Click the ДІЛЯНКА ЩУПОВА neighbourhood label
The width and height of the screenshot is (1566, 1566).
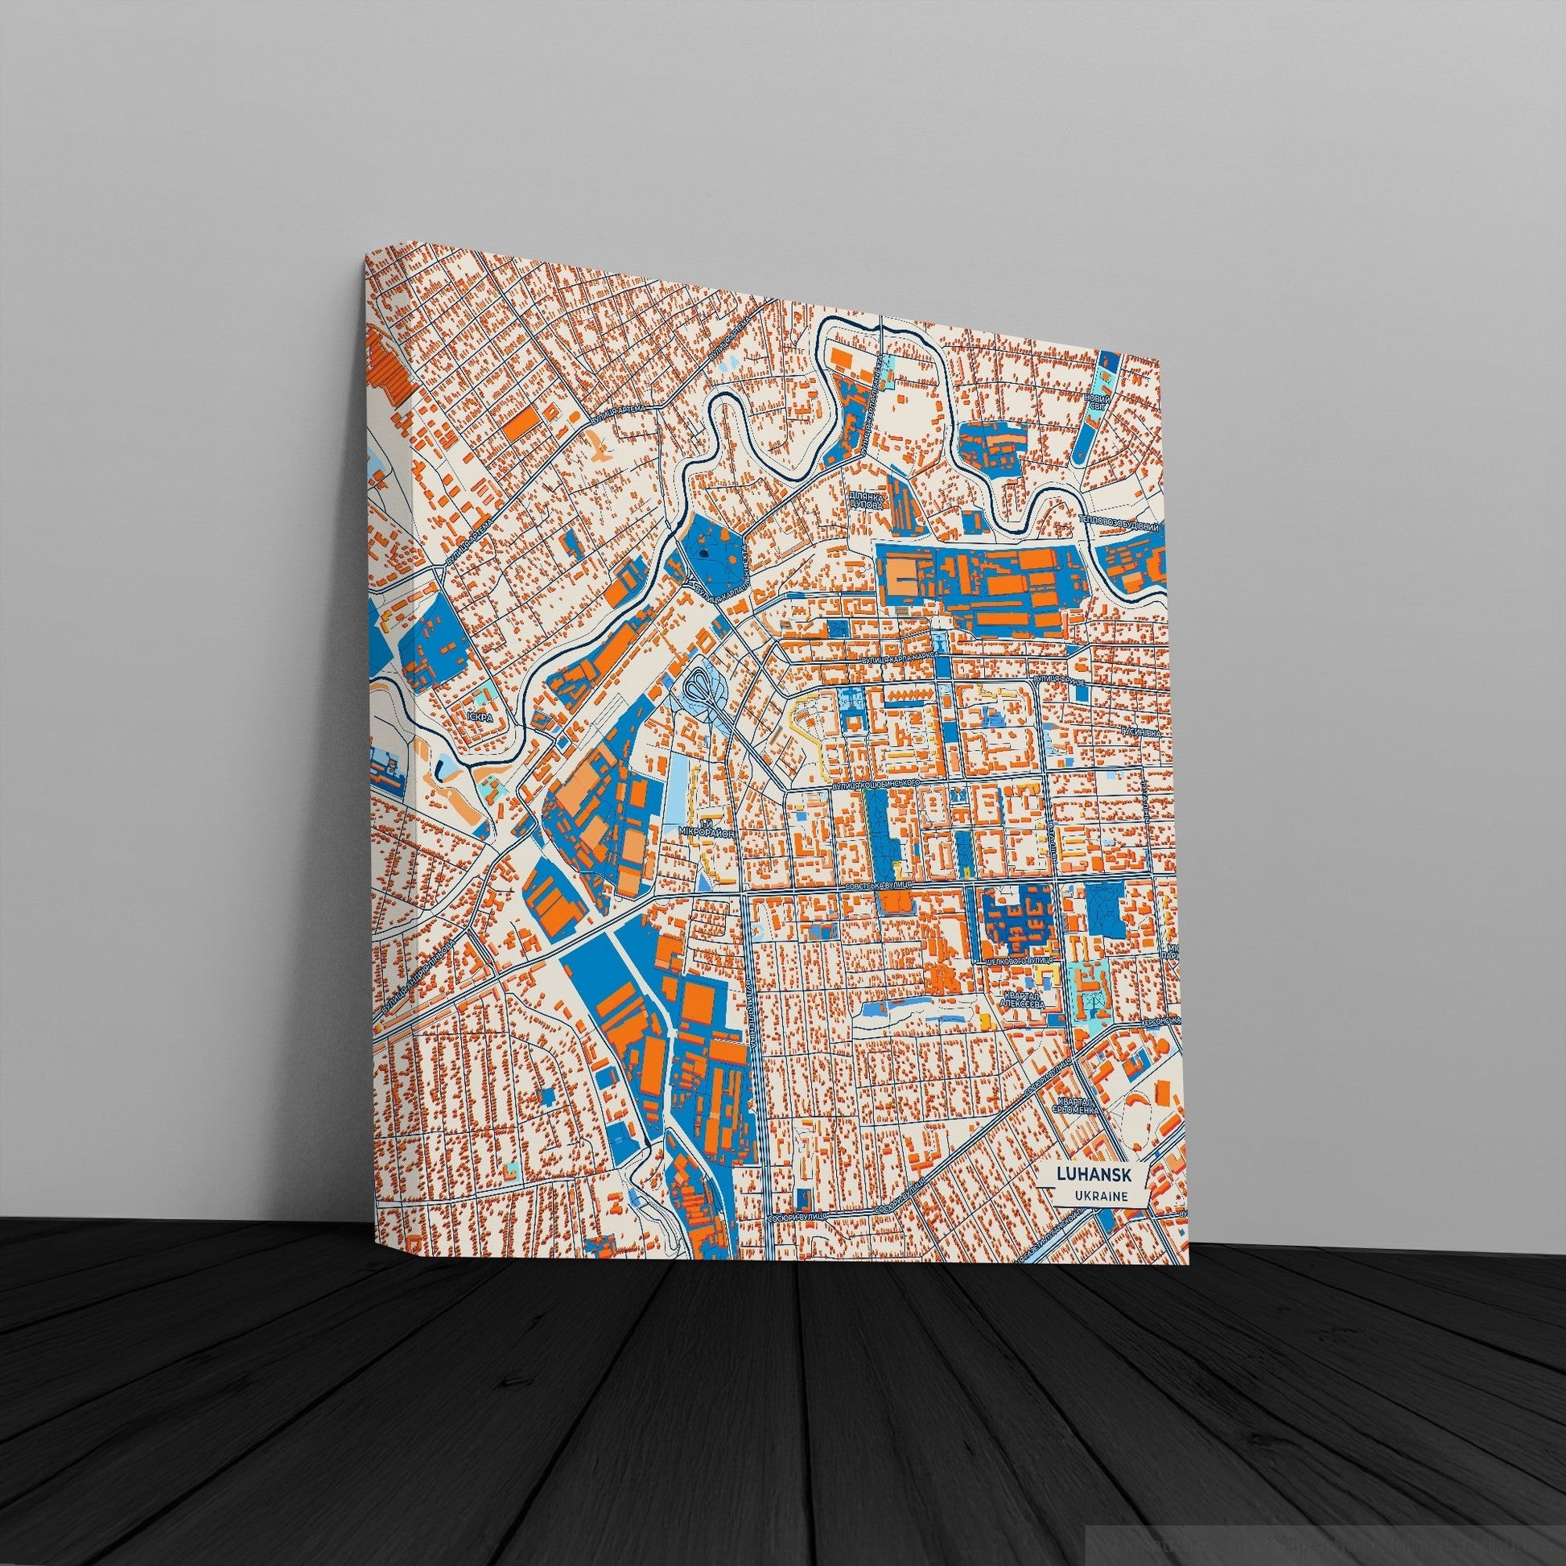coord(861,498)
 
